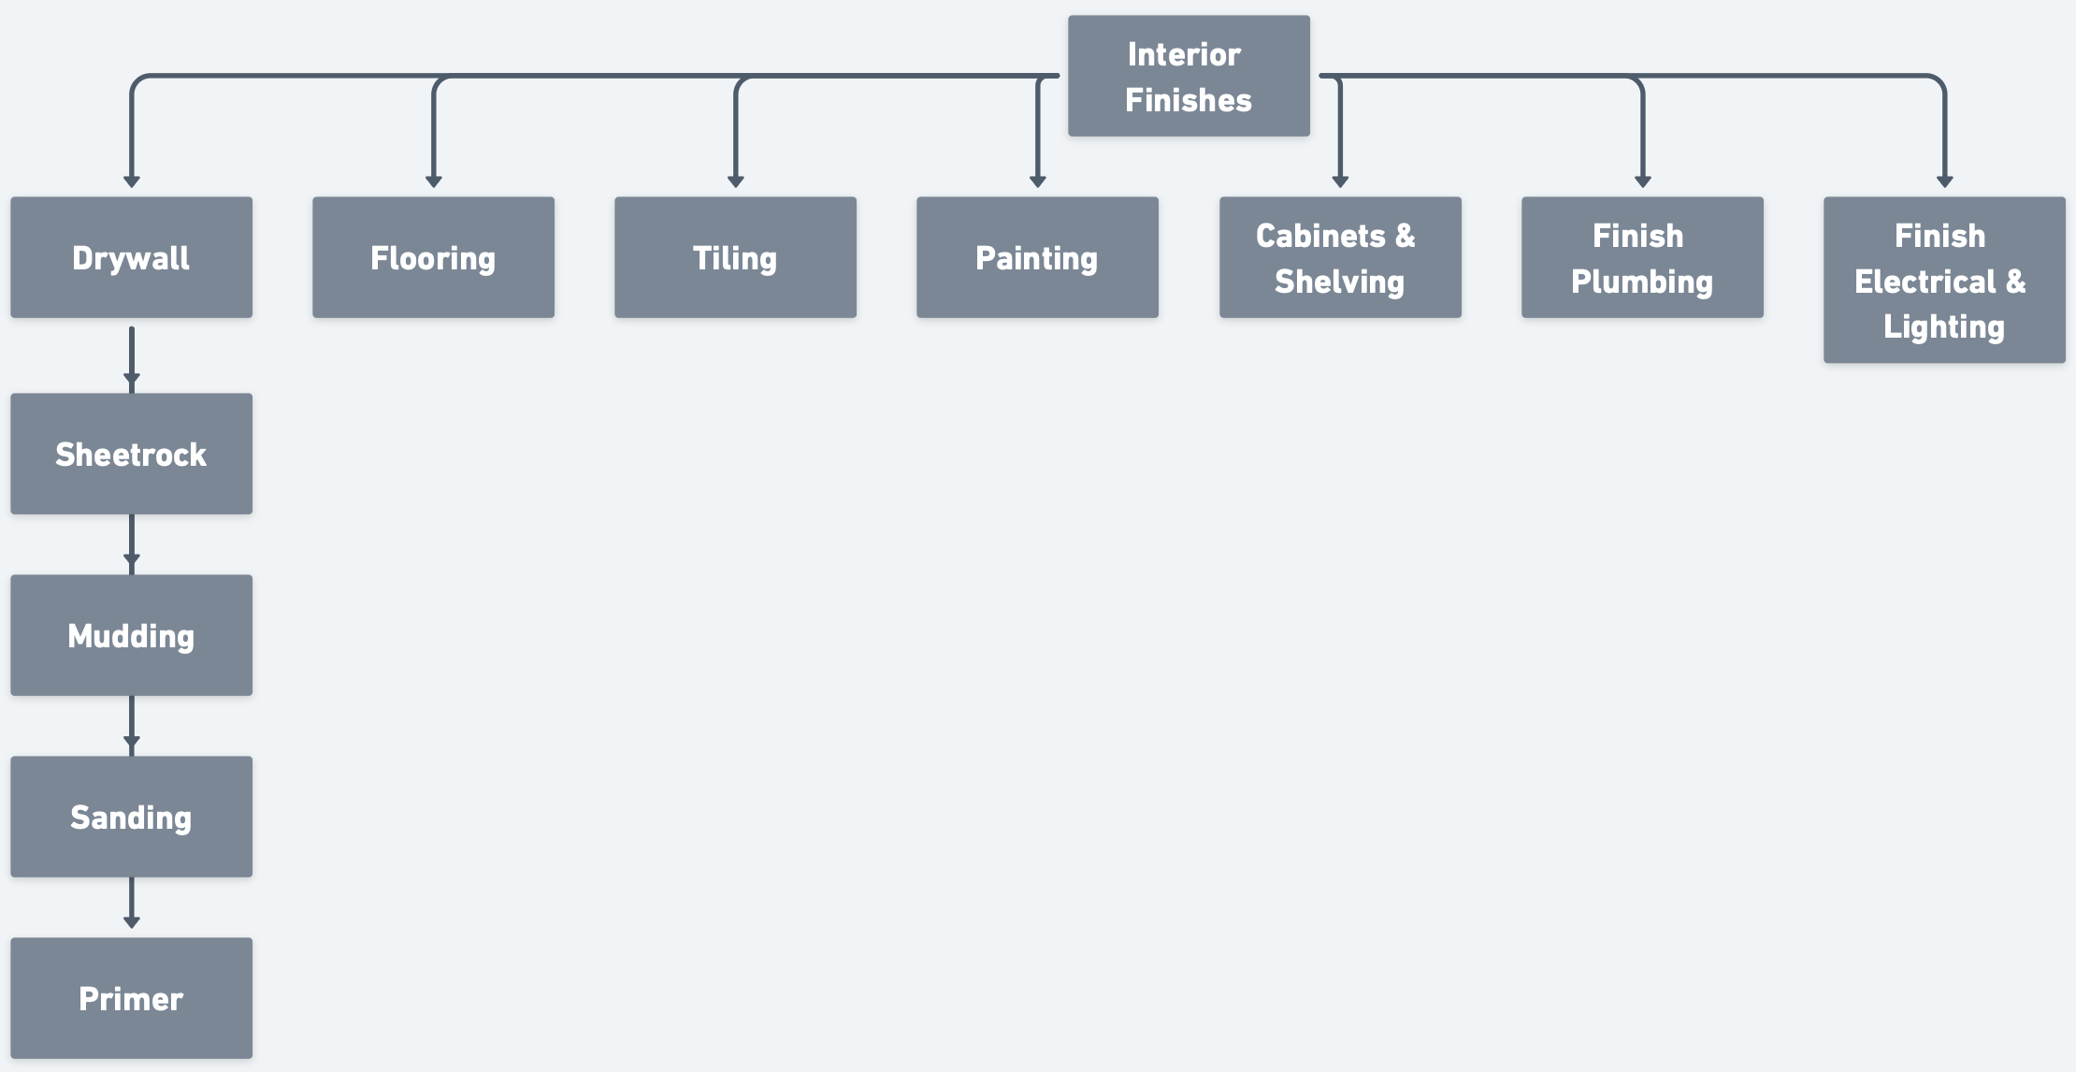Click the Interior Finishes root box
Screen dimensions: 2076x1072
1189,76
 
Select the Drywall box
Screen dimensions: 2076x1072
131,257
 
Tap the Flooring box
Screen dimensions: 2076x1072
433,257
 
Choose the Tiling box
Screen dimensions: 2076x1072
735,257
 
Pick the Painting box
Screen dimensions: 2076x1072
1037,257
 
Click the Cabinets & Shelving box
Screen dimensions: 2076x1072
1340,257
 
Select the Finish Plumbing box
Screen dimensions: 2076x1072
1642,257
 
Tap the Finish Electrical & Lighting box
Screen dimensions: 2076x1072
1944,280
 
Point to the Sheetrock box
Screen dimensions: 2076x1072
131,454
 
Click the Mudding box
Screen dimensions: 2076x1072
131,635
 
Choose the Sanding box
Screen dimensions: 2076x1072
131,817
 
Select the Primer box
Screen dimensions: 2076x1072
131,998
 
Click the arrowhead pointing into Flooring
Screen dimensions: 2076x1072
433,181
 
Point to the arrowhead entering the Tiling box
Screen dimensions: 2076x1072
735,181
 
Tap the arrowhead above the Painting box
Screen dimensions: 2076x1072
1037,181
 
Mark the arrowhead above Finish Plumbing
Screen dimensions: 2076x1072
1642,181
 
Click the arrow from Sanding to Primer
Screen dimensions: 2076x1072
131,904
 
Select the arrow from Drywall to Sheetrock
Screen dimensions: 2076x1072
131,356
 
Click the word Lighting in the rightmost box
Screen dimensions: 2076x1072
1944,326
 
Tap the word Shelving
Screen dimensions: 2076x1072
1339,282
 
